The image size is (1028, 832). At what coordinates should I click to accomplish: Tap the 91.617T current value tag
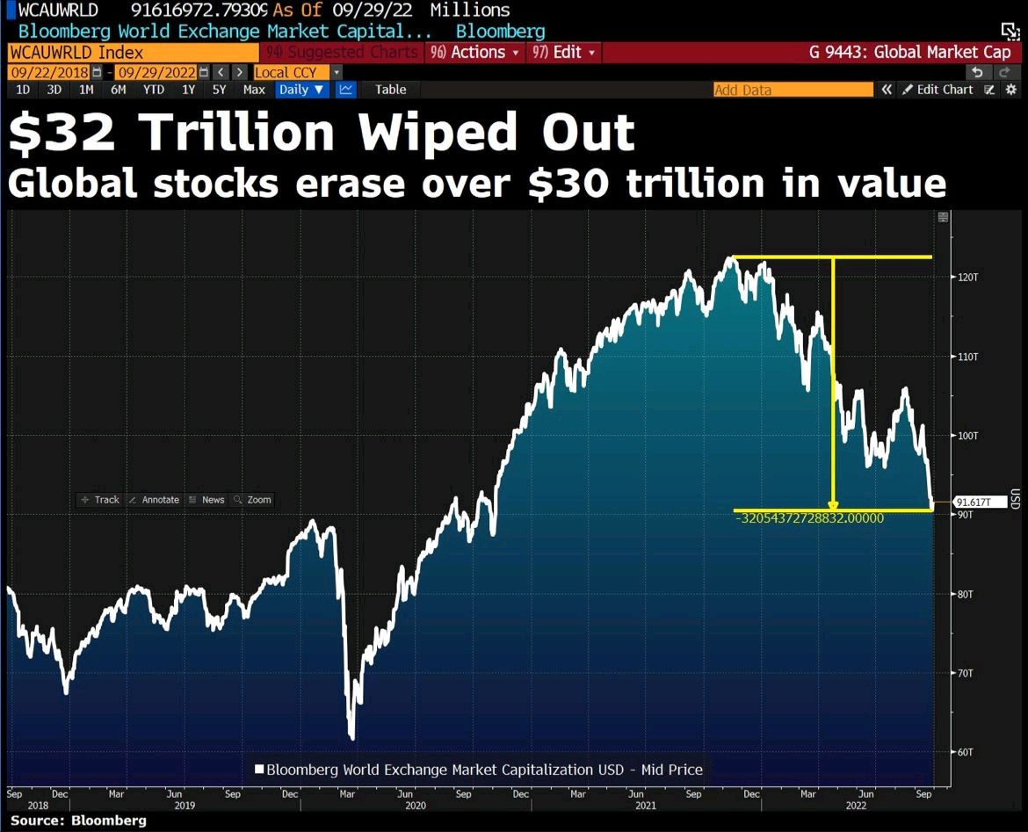[x=974, y=503]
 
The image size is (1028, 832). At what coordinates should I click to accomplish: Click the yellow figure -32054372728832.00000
[x=809, y=518]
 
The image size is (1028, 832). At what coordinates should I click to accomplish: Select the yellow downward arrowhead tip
[x=833, y=508]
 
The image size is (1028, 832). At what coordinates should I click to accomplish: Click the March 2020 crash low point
[x=351, y=737]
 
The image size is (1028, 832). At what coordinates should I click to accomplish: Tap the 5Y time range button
[x=219, y=90]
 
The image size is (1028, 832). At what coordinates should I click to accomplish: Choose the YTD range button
[x=154, y=90]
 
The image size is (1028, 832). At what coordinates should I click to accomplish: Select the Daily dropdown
[x=300, y=90]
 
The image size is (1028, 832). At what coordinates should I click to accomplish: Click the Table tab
[x=391, y=90]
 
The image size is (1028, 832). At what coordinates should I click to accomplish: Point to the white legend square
[x=259, y=770]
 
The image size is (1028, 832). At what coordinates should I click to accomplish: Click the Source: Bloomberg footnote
[x=78, y=821]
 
